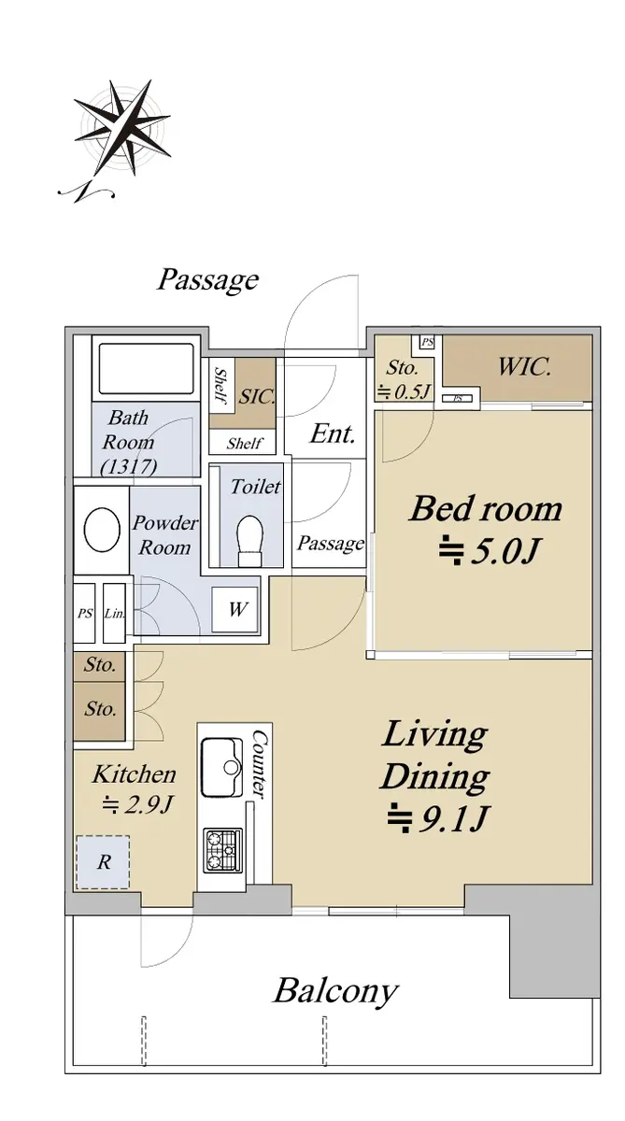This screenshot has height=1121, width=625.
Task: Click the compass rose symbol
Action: (121, 128)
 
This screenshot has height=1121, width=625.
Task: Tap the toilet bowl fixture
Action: (249, 541)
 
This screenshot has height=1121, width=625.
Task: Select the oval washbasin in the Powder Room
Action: (102, 531)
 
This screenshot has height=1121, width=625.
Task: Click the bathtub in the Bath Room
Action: (146, 369)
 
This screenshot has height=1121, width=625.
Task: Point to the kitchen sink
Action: (221, 767)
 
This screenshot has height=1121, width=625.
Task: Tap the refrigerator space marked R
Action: (103, 862)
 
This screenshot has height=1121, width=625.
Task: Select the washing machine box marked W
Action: (235, 609)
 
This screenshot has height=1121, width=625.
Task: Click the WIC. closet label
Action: (524, 367)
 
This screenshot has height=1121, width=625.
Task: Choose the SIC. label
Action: (257, 396)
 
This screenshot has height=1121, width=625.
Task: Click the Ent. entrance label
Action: (333, 433)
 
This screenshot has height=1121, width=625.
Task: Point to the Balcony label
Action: (335, 990)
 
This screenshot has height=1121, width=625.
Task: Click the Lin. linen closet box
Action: (114, 613)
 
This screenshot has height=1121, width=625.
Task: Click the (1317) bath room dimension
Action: (129, 467)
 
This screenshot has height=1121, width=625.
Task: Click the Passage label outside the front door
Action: (208, 281)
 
